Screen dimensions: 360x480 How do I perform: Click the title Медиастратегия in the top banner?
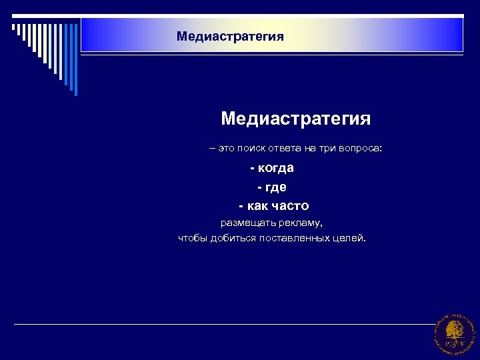point(230,36)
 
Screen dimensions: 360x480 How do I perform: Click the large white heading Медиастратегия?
point(295,119)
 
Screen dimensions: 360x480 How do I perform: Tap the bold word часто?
point(291,206)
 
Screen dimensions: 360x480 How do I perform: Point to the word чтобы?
point(193,239)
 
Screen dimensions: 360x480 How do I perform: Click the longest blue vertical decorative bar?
point(75,60)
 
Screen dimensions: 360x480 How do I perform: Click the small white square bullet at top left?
point(13,27)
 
